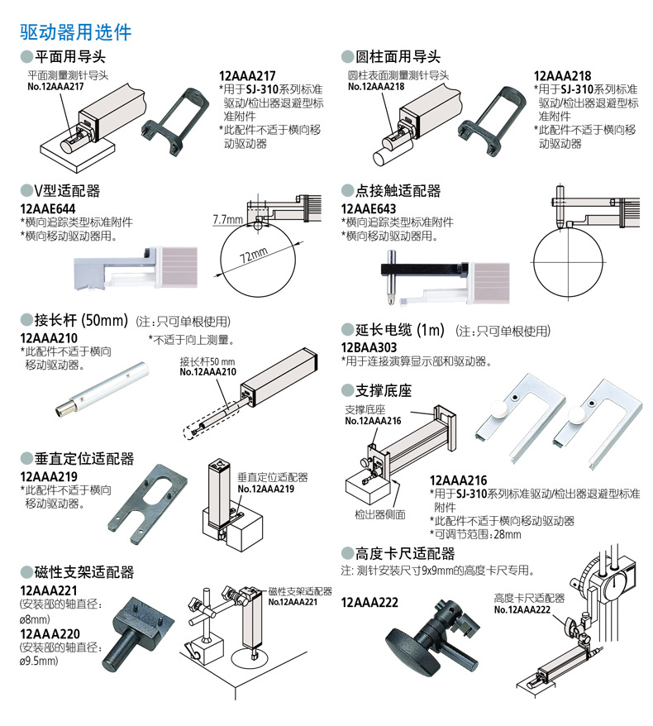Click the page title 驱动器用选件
[x=75, y=33]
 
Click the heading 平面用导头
[x=70, y=57]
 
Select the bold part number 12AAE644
[x=48, y=208]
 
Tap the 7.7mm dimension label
[x=227, y=220]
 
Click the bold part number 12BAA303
[x=369, y=347]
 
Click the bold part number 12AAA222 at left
[x=369, y=603]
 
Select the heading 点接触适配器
[x=398, y=191]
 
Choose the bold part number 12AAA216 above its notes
[x=458, y=480]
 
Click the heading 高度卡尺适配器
[x=404, y=553]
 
